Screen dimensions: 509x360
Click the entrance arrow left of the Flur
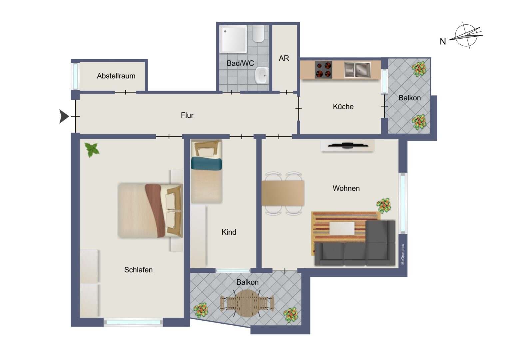click(x=64, y=116)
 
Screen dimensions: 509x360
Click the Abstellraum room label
click(x=116, y=76)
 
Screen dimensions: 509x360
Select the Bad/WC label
click(x=241, y=63)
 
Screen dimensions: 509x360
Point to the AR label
click(x=284, y=58)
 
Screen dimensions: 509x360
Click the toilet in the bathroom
click(x=258, y=33)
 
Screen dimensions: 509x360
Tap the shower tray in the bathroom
click(x=233, y=39)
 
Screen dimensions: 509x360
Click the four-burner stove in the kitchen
click(x=323, y=70)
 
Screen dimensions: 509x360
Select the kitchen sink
click(x=357, y=70)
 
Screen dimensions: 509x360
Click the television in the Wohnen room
click(x=347, y=145)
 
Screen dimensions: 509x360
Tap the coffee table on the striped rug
click(x=342, y=228)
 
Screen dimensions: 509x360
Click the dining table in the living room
click(x=283, y=193)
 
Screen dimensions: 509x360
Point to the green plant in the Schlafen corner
click(x=92, y=150)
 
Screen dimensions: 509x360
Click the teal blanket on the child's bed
click(x=206, y=164)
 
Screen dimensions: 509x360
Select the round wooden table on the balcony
click(x=247, y=303)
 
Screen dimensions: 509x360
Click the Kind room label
click(x=229, y=232)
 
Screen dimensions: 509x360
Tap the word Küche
click(x=343, y=107)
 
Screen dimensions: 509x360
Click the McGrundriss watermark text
click(x=403, y=254)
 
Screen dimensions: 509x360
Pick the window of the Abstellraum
click(x=75, y=76)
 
